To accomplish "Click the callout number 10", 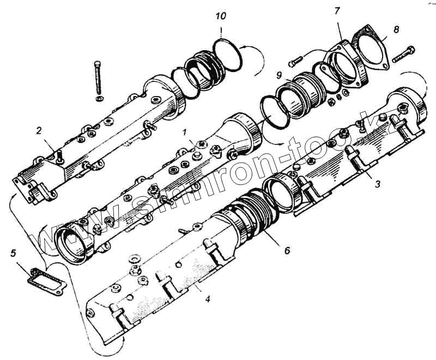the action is (221, 16).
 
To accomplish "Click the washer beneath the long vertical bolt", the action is (98, 99).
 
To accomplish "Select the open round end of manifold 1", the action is (74, 243).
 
